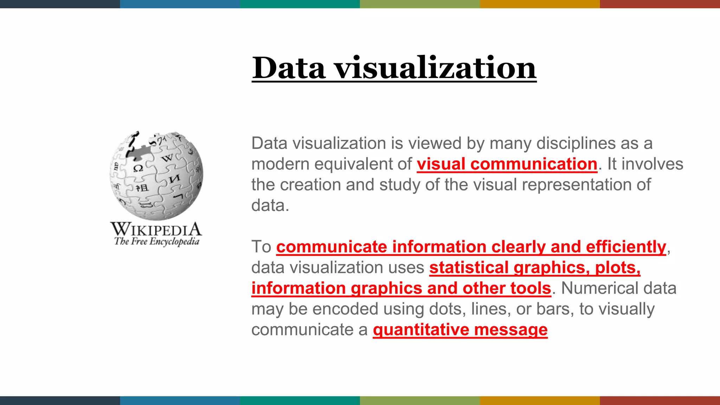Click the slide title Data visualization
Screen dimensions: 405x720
394,67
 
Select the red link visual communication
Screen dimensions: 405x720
507,164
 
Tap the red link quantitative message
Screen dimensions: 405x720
460,330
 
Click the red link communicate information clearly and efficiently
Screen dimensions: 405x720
471,247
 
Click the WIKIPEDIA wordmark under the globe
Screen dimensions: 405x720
156,230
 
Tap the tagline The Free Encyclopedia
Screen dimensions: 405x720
156,242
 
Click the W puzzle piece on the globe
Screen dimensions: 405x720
168,158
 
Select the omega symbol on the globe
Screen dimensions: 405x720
138,168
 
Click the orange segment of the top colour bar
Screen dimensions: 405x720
540,4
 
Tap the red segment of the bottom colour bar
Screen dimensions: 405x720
660,400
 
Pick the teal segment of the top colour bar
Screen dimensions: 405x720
300,4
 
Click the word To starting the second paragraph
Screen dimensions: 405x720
261,247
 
